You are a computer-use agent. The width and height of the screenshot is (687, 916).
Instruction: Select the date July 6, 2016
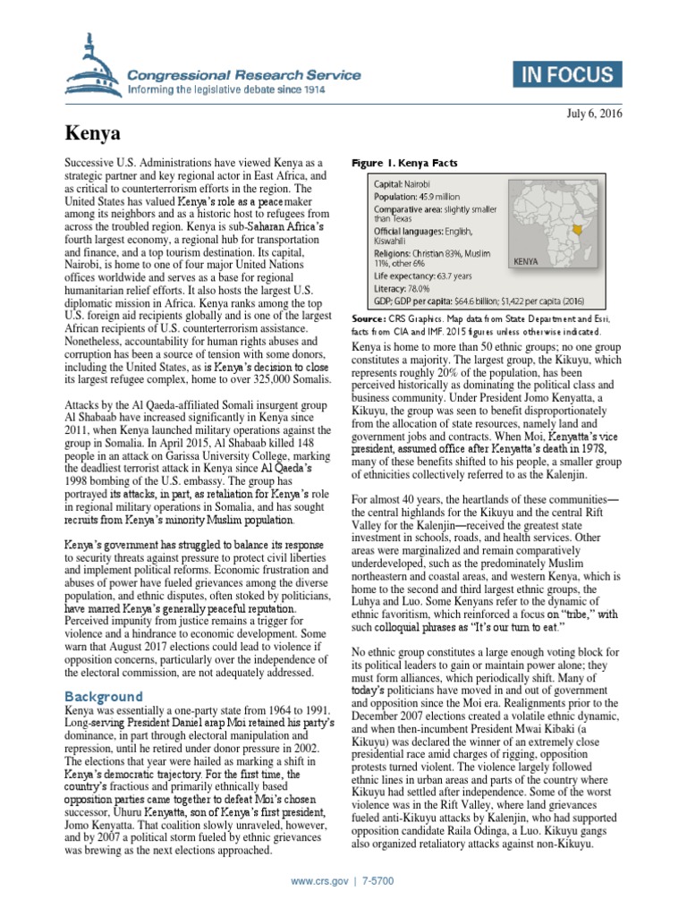(x=595, y=114)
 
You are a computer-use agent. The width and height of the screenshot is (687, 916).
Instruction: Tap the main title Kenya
(x=93, y=133)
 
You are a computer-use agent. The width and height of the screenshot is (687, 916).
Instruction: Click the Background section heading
(x=104, y=696)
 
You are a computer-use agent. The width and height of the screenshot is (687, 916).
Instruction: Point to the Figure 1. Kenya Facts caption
(x=404, y=164)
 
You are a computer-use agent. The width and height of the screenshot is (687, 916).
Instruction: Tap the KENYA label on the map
(x=528, y=262)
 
